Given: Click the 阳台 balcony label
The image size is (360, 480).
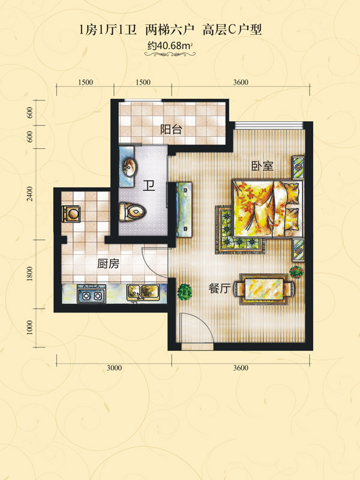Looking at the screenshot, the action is click(x=171, y=129).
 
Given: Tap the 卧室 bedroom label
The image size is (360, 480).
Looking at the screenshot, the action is click(x=262, y=166).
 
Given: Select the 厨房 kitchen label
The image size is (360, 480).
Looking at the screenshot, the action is click(x=108, y=263).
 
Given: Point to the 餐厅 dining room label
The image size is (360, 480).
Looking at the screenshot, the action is click(x=219, y=289).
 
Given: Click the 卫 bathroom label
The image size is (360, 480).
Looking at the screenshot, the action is click(x=149, y=185).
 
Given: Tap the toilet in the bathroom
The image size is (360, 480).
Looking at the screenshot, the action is click(x=132, y=212).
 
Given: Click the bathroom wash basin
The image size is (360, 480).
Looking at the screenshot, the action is click(x=130, y=167).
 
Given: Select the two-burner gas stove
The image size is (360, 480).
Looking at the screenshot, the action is click(x=92, y=294).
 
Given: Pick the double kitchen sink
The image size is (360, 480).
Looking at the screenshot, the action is click(x=143, y=292).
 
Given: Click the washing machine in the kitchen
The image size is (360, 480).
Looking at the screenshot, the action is click(x=71, y=214).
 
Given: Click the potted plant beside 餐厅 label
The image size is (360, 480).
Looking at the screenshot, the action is click(x=185, y=292).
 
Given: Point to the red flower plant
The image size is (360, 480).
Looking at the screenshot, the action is click(x=296, y=272).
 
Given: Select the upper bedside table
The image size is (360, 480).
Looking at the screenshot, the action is click(x=298, y=168).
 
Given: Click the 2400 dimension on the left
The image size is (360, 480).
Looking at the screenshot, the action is click(x=29, y=194).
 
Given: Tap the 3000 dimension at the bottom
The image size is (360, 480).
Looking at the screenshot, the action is click(x=114, y=368).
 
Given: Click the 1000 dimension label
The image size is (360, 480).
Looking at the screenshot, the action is click(x=29, y=328).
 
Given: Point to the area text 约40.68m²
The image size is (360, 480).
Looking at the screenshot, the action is click(x=170, y=46).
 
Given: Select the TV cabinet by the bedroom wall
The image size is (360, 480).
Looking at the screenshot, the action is click(x=184, y=209).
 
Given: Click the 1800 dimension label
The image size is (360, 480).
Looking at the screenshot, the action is click(x=29, y=274).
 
